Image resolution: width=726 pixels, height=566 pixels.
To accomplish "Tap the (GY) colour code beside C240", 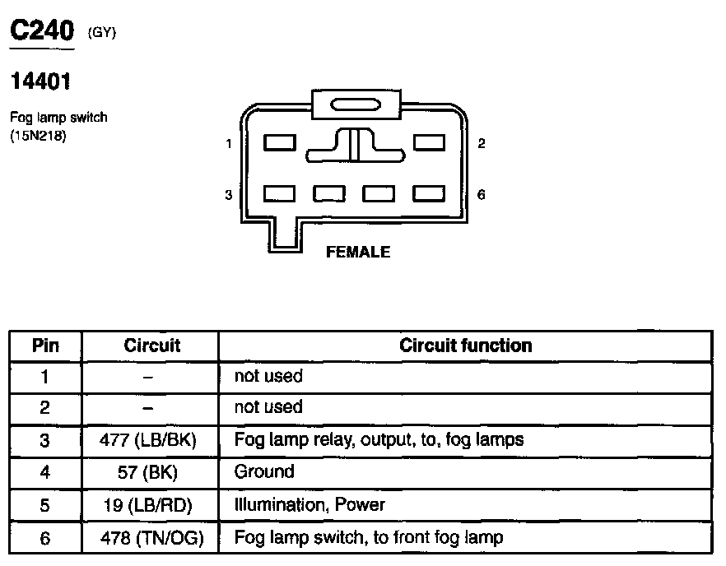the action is pos(102,33).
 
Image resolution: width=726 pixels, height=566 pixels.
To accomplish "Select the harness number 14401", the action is pos(40,81).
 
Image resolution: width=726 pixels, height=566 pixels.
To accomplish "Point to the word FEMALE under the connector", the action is pos(358,253).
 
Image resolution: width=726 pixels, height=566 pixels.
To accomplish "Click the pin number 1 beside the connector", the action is pos(229,144).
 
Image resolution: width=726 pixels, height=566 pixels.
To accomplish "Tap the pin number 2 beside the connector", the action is pos(482,144).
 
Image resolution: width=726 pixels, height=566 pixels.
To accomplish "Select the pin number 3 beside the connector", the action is pos(229,195).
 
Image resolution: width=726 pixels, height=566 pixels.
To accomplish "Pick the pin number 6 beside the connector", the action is pos(482,195).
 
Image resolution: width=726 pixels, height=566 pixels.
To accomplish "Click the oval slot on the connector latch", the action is pos(356,105).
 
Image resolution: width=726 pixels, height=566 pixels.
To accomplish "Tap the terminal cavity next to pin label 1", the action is pos(280,142).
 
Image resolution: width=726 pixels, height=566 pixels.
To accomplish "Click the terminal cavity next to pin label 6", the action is pos(429,194).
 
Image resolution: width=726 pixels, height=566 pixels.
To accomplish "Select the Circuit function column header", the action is pos(465,346).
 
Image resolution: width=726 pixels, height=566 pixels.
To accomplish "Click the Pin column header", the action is pos(45,346).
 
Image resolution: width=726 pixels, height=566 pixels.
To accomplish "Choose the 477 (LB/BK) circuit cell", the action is pos(151,440).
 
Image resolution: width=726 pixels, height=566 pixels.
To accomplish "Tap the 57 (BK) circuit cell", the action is pos(151,472).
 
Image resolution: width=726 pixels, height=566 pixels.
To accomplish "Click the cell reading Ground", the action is pos(264,471).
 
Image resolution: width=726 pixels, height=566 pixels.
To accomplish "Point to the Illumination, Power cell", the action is pos(309,504).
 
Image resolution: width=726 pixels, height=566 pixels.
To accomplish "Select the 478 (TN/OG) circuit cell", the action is pos(151,539).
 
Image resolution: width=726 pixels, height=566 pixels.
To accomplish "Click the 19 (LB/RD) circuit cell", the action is pos(151,505).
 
